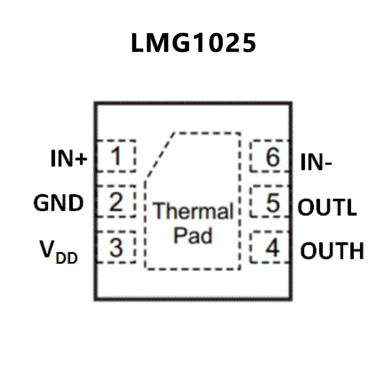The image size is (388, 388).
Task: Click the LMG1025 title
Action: [x=194, y=43]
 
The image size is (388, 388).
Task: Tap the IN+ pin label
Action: [x=69, y=158]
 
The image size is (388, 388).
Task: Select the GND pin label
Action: [x=58, y=203]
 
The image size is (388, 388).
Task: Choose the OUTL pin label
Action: [x=327, y=207]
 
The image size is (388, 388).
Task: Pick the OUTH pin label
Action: [x=332, y=251]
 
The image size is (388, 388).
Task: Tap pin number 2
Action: [x=116, y=202]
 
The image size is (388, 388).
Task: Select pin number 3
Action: [x=116, y=247]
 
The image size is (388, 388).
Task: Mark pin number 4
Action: [x=272, y=247]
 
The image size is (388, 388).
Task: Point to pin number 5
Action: [x=272, y=202]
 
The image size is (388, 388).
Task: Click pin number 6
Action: [x=272, y=157]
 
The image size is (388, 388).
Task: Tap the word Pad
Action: [x=193, y=236]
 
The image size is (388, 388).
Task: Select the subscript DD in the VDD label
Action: [x=66, y=258]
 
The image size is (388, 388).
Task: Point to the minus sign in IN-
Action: [x=328, y=164]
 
